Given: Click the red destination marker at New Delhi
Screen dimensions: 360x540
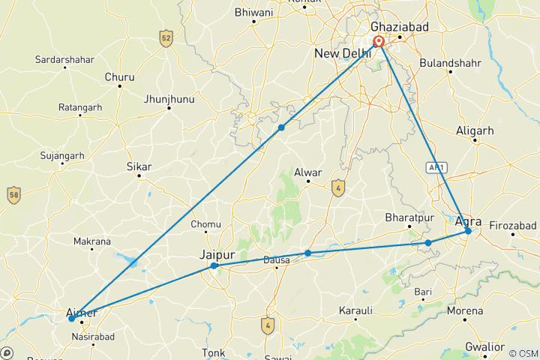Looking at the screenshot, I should pyautogui.click(x=379, y=43).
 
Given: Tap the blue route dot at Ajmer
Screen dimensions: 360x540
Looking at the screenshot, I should pyautogui.click(x=72, y=319).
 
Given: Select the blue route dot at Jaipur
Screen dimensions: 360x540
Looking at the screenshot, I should pyautogui.click(x=214, y=265).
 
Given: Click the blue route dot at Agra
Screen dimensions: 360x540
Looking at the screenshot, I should pyautogui.click(x=468, y=231).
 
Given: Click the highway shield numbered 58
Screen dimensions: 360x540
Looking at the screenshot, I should pyautogui.click(x=13, y=196).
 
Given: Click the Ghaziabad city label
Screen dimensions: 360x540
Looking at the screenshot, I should pyautogui.click(x=400, y=25).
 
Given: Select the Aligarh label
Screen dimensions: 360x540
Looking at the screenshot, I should pyautogui.click(x=475, y=131).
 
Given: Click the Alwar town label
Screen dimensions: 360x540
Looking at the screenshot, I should pyautogui.click(x=308, y=172).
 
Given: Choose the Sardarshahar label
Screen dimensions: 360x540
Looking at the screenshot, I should pyautogui.click(x=64, y=58).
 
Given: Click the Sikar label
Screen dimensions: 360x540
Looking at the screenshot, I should pyautogui.click(x=139, y=166).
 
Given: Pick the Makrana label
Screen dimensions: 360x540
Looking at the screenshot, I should pyautogui.click(x=92, y=241).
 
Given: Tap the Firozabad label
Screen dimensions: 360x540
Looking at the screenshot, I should pyautogui.click(x=513, y=225).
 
